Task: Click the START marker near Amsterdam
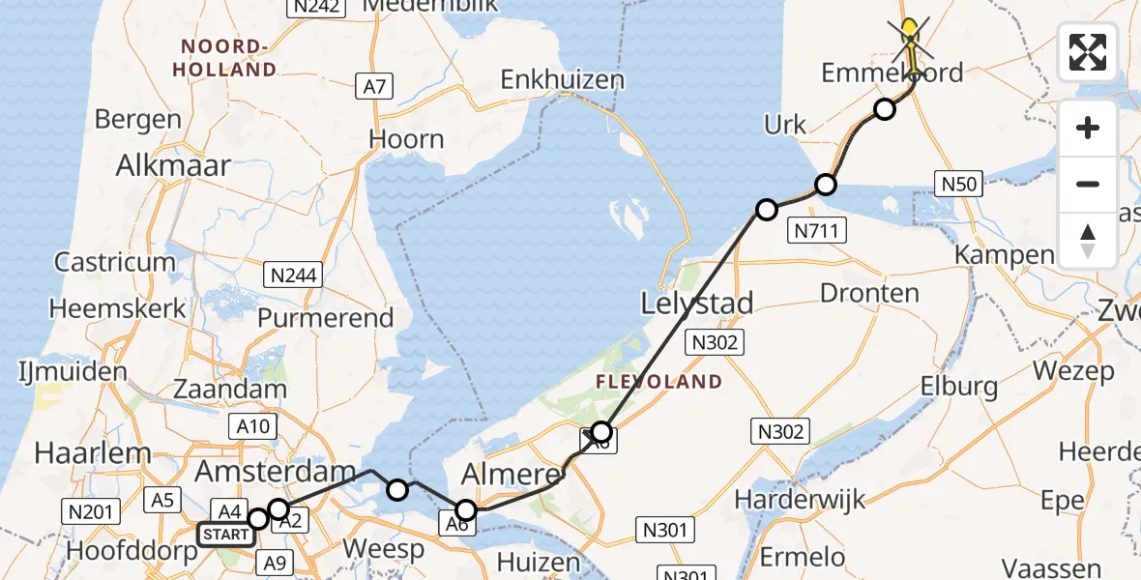click(226, 534)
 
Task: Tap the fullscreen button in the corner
click(1088, 52)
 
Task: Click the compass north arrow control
click(1088, 241)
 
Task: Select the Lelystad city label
click(697, 304)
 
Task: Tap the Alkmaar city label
click(173, 165)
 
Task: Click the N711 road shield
click(818, 230)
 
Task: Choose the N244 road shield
click(294, 276)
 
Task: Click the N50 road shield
click(959, 184)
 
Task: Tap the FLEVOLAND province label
click(658, 381)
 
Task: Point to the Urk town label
click(785, 125)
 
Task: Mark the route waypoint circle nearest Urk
click(825, 185)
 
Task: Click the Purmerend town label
click(326, 317)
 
